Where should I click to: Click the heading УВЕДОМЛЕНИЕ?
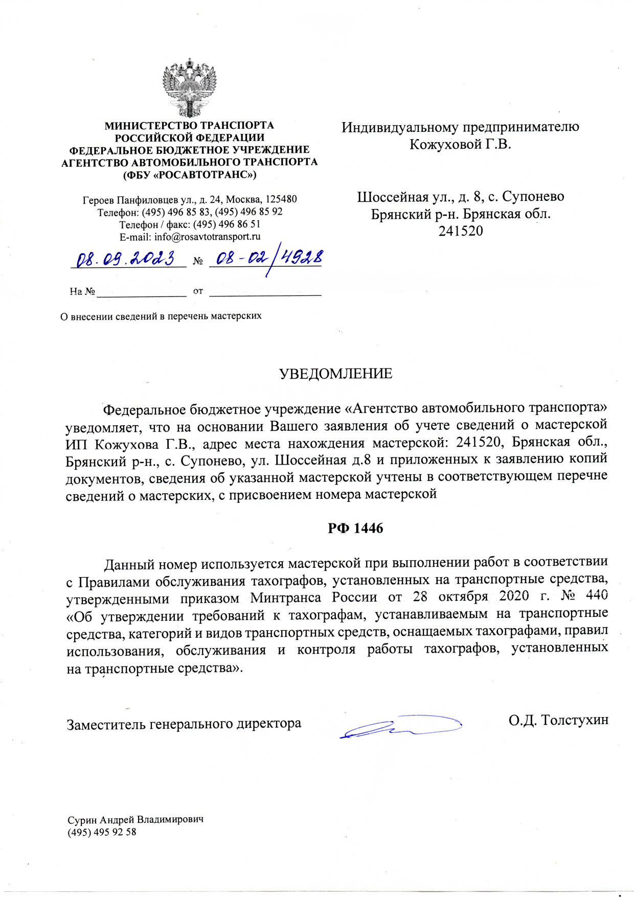point(336,374)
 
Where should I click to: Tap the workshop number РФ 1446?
point(355,528)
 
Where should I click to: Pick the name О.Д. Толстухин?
point(558,720)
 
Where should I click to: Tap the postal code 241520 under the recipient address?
point(460,231)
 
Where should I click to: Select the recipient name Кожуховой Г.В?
point(460,145)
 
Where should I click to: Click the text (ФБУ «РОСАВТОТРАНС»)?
point(189,175)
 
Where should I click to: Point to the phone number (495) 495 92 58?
point(102,832)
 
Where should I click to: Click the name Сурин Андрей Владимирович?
point(135,819)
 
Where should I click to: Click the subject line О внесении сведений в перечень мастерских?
point(161,316)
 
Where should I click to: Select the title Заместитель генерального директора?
point(184,724)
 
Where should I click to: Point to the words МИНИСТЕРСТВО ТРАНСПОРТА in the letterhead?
point(189,125)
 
